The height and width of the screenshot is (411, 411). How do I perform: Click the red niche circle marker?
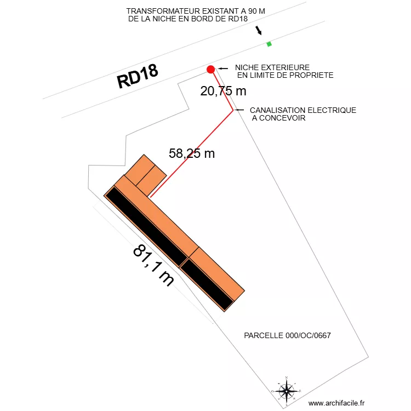(210, 69)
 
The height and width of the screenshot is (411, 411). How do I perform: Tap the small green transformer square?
(269, 44)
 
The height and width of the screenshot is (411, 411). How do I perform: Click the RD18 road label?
(138, 77)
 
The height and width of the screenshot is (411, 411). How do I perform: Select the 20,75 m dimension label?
(223, 91)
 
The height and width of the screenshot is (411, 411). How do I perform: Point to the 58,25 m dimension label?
(192, 153)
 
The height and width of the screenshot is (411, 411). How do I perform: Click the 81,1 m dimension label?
(154, 265)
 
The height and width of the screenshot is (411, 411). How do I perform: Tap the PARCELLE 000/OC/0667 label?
(287, 335)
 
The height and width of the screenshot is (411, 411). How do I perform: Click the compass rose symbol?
(286, 391)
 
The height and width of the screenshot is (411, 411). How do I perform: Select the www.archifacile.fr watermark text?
(340, 403)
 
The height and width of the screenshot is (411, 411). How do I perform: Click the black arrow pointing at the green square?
(259, 31)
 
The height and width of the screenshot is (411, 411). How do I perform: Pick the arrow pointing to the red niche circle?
(223, 68)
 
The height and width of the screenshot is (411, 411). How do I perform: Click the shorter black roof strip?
(208, 284)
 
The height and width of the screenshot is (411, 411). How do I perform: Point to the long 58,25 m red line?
(191, 153)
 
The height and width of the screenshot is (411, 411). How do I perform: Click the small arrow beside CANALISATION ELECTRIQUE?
(239, 110)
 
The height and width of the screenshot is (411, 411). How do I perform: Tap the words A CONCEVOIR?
(278, 118)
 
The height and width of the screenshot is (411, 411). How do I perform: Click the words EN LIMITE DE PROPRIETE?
(285, 75)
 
